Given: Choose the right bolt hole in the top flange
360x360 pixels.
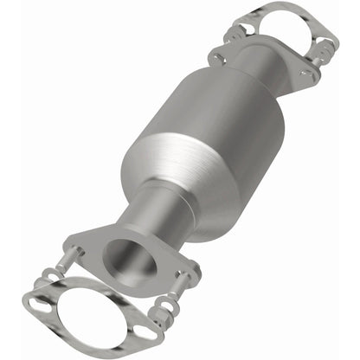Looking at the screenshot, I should [x=305, y=76].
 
